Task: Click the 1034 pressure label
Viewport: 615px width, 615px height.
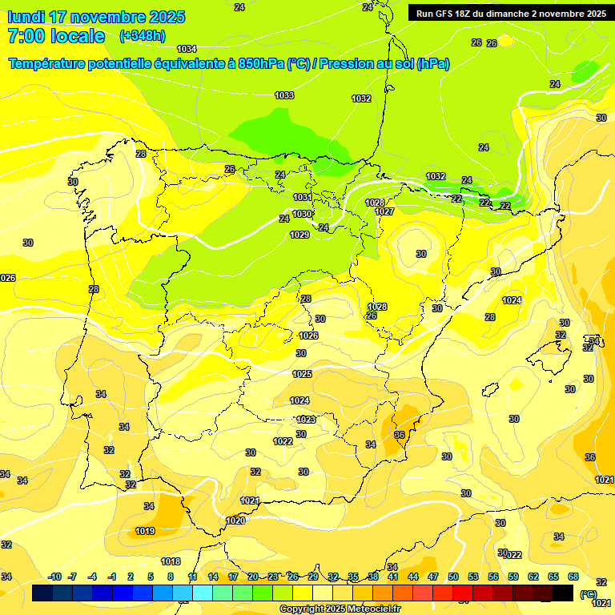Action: click(187, 49)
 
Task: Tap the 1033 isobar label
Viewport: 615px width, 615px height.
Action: click(284, 95)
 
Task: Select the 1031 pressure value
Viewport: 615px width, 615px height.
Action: click(302, 197)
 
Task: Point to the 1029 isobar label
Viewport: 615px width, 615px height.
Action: click(299, 235)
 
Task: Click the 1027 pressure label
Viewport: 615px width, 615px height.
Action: click(384, 211)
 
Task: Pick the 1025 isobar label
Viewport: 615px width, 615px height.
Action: click(302, 374)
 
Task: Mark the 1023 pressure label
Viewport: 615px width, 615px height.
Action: click(306, 420)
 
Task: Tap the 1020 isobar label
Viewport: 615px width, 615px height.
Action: click(235, 521)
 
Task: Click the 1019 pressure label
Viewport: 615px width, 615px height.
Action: click(145, 531)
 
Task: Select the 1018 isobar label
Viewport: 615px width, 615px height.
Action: click(171, 561)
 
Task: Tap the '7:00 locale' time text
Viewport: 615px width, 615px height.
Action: click(56, 36)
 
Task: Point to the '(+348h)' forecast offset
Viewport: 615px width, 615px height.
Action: click(142, 36)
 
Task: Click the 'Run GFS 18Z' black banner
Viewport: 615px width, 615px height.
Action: click(511, 14)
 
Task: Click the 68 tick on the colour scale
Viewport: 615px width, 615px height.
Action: click(573, 577)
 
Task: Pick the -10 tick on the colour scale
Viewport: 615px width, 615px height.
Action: click(54, 577)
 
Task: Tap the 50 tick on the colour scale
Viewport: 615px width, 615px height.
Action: click(453, 577)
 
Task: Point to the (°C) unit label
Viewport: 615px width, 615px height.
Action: click(589, 593)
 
